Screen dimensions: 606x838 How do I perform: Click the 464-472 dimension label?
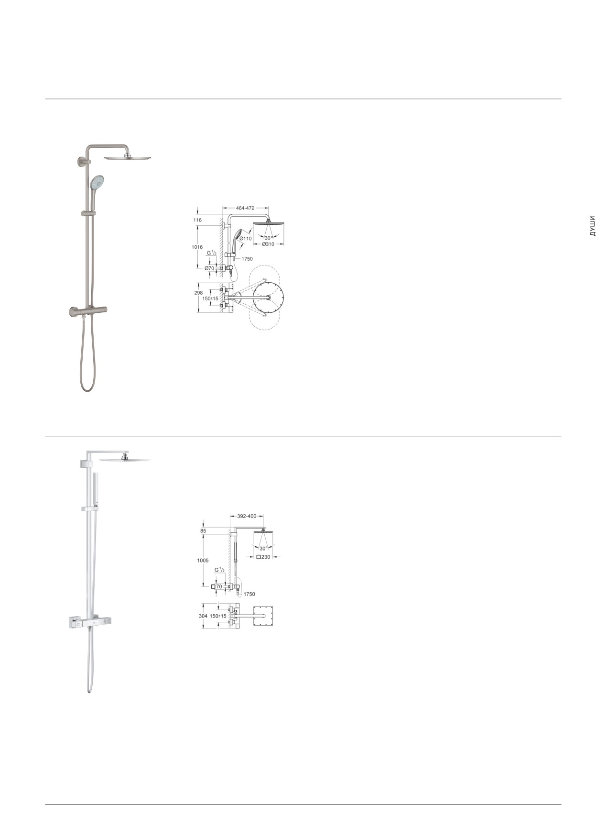coord(245,208)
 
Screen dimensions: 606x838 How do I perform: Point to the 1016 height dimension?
coord(197,247)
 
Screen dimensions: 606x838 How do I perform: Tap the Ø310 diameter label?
coord(268,244)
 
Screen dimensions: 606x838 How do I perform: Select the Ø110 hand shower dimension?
coord(246,239)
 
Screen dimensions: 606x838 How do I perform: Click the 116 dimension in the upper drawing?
coord(197,220)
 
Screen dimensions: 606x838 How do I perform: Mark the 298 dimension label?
coord(198,293)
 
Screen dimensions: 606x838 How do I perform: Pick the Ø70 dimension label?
coord(209,268)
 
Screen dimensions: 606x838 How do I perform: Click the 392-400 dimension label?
coord(247,516)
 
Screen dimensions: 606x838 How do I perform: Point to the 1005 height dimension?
coord(203,561)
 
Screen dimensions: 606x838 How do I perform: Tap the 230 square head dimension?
coord(263,557)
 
